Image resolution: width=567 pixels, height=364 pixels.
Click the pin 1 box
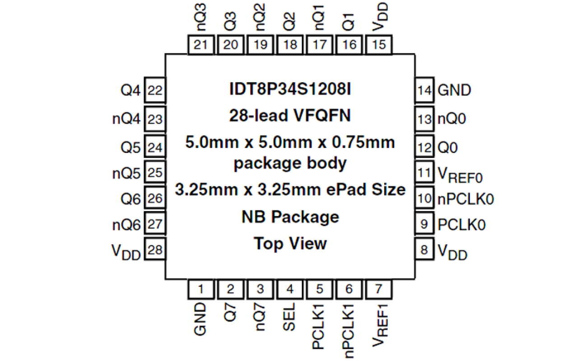(x=201, y=289)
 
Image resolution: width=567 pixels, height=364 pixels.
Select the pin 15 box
(x=379, y=45)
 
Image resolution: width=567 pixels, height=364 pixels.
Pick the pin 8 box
(x=424, y=249)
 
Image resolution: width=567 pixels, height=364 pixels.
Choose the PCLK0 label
(x=461, y=224)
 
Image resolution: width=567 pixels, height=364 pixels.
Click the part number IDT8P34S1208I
(x=289, y=90)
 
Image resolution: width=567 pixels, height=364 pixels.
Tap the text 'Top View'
(x=289, y=244)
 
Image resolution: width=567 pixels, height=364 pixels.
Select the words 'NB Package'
(x=289, y=217)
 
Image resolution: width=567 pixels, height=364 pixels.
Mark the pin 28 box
(x=155, y=249)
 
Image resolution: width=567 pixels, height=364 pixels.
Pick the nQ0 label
(x=452, y=120)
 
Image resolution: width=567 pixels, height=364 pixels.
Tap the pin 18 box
(x=289, y=45)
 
